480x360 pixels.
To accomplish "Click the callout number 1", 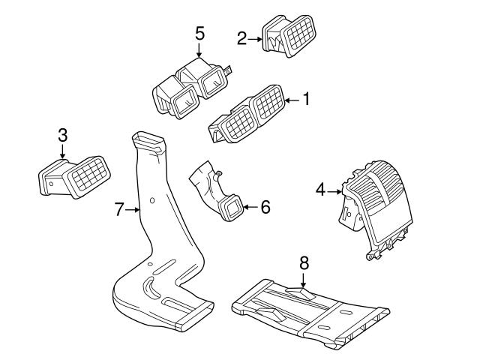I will (306, 99).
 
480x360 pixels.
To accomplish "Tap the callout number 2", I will (241, 37).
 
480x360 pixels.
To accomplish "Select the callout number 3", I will (63, 135).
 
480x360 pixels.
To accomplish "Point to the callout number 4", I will (320, 190).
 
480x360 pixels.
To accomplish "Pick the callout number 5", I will (199, 33).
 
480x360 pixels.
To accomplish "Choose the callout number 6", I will (265, 206).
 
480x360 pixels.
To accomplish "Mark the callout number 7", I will (119, 209).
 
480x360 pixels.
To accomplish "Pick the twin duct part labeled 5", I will (191, 88).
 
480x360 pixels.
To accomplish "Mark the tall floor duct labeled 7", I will (154, 240).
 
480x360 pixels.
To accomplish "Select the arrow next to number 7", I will (135, 210).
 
